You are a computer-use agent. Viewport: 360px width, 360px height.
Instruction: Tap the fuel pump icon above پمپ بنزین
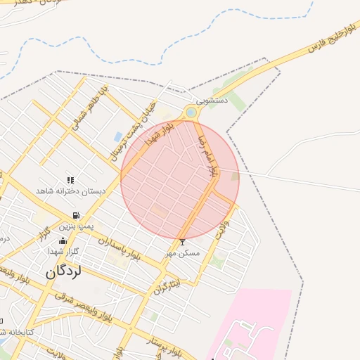click(75, 216)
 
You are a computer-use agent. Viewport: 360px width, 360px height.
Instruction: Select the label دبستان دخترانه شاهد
click(70, 191)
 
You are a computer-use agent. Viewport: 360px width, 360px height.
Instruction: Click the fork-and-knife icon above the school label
click(70, 181)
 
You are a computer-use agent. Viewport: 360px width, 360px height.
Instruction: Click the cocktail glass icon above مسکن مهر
click(183, 242)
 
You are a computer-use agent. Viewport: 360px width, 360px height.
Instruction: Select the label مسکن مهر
click(183, 252)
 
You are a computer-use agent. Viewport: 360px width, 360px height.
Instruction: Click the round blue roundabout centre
click(191, 112)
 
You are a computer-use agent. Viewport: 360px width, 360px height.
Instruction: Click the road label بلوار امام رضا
click(210, 155)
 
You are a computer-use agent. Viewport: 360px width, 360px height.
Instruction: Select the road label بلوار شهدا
click(159, 134)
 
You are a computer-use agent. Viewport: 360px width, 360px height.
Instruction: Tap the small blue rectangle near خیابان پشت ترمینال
click(117, 136)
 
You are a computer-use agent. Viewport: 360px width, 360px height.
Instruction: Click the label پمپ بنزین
click(75, 226)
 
